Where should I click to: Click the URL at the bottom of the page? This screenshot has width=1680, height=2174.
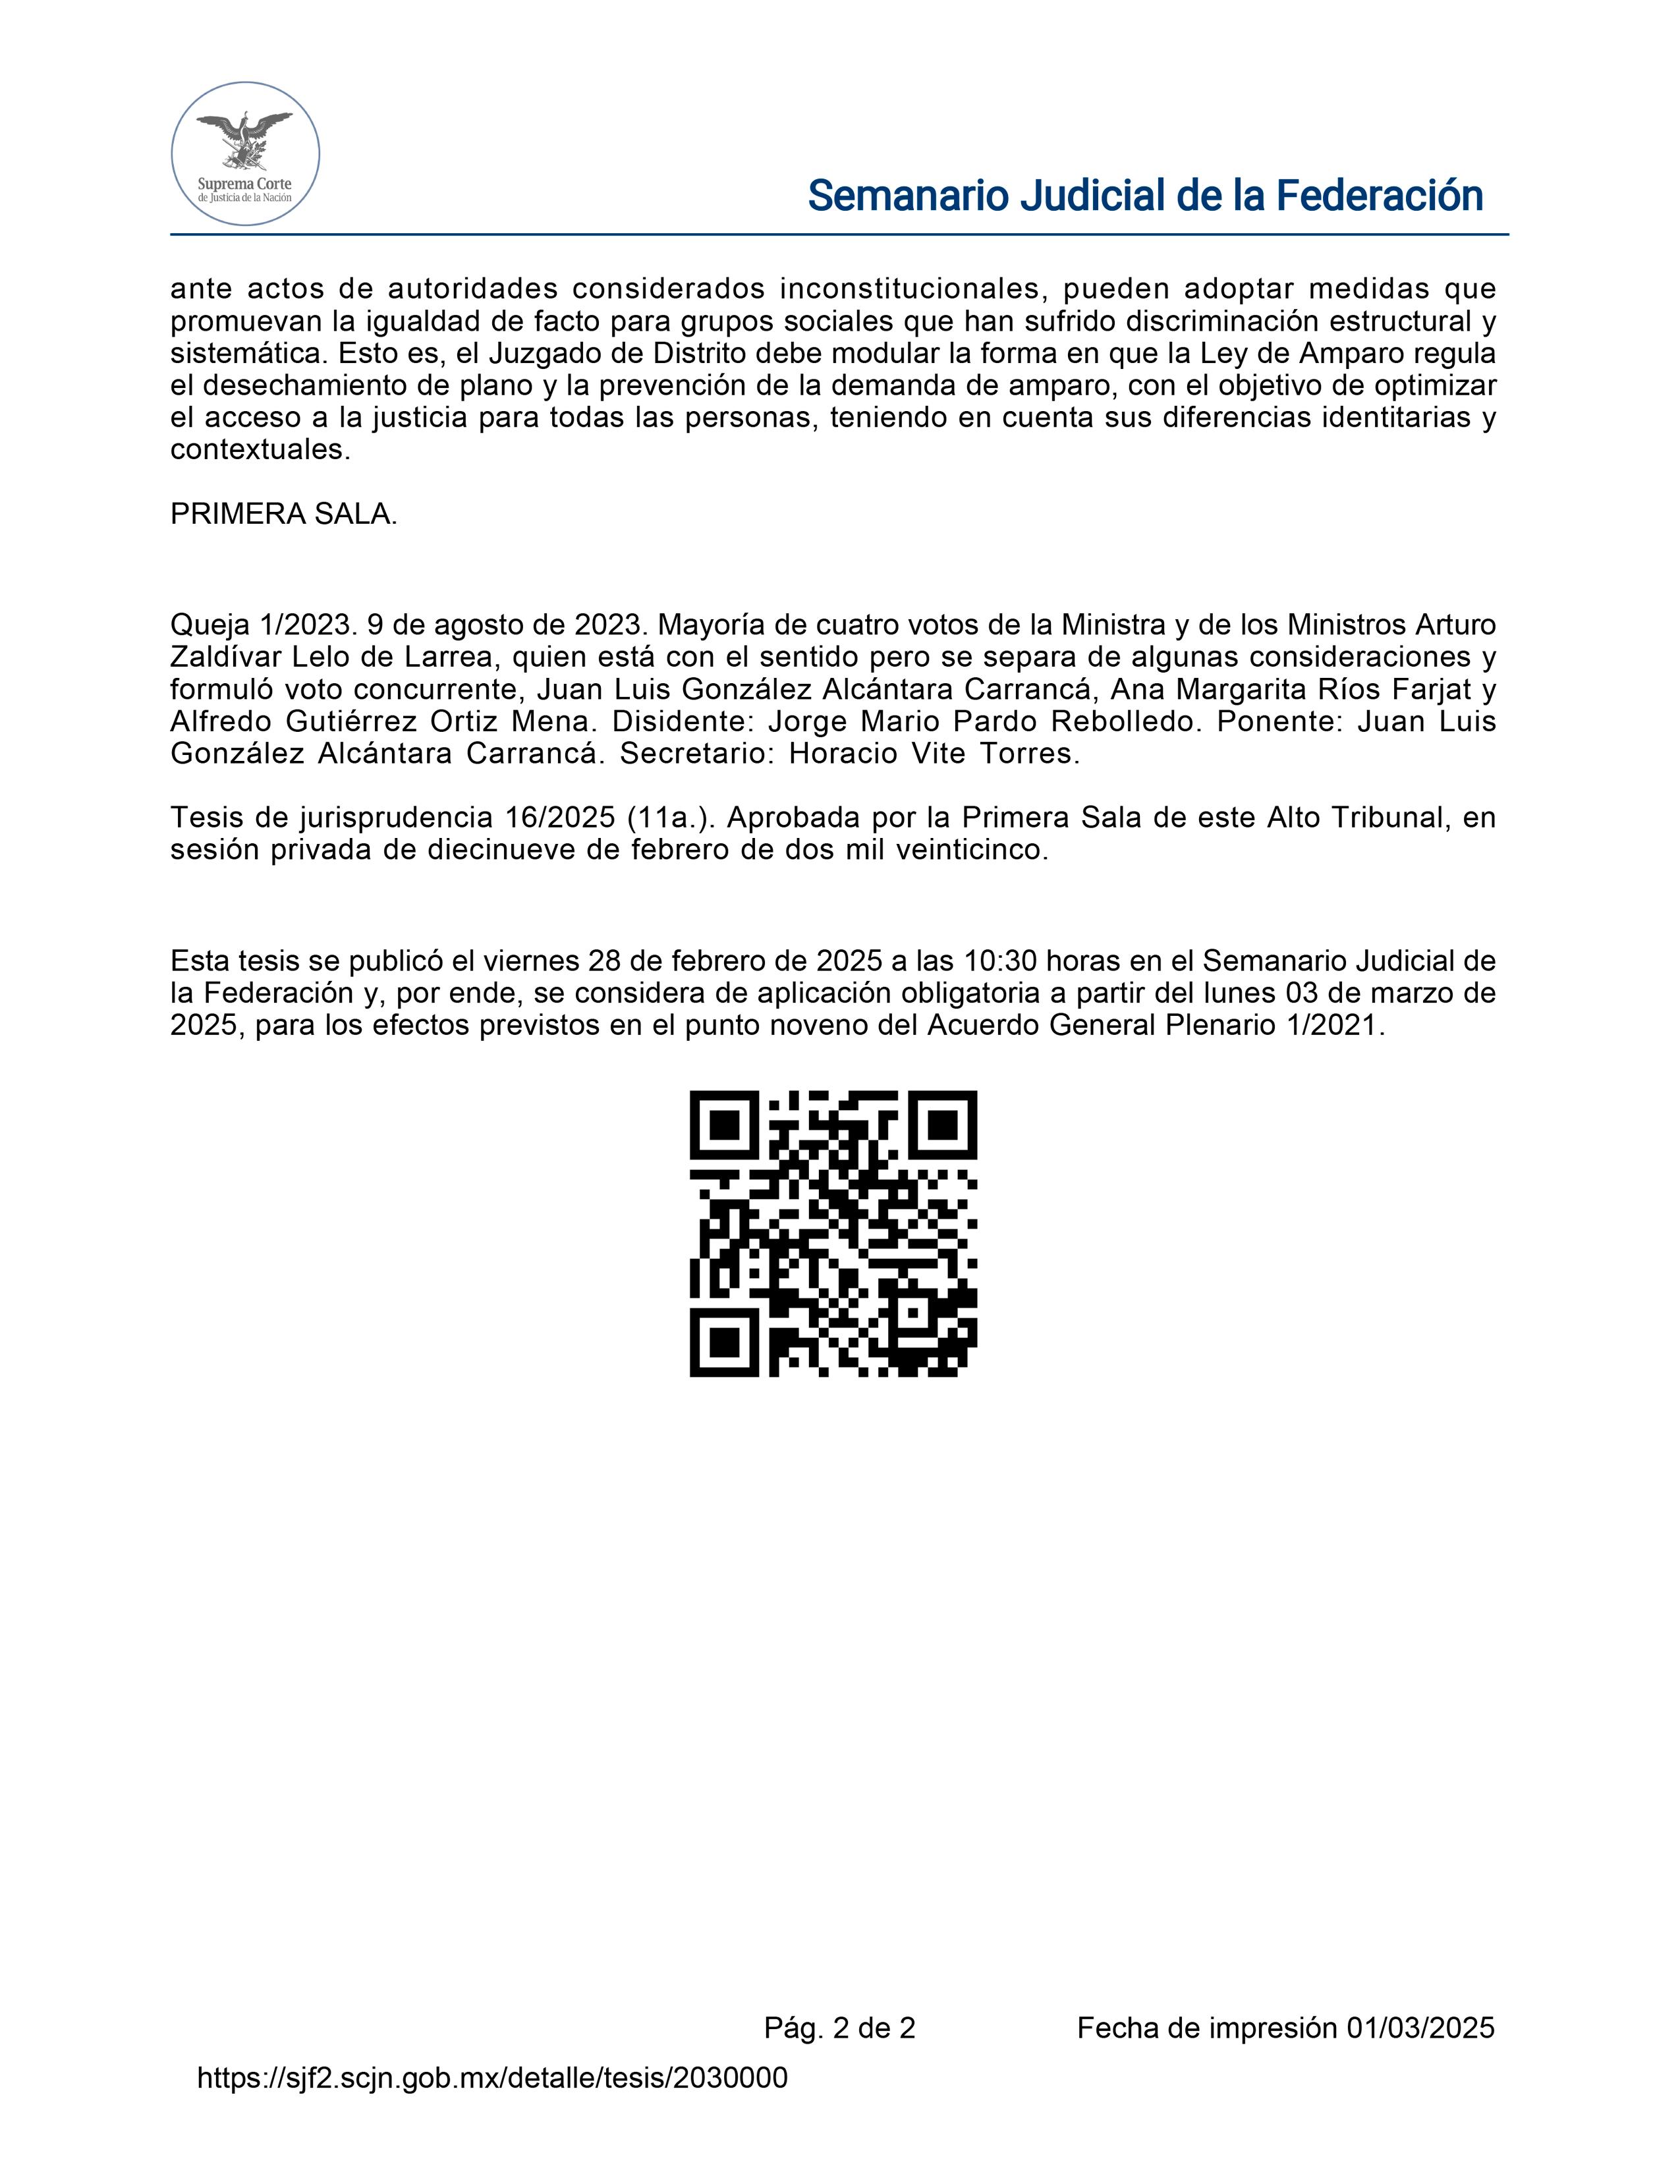(x=493, y=2077)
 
